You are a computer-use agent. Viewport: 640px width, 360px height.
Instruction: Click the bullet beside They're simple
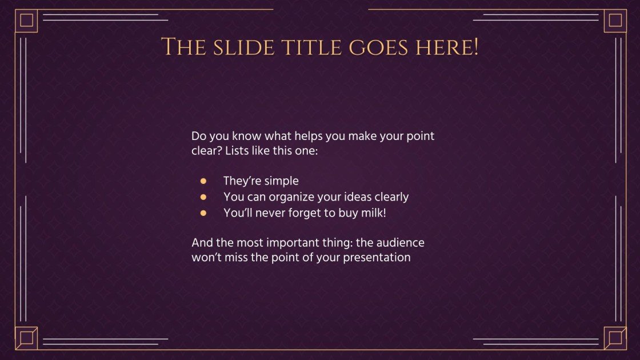[x=203, y=181]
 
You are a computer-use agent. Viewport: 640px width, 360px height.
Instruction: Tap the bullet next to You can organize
[x=203, y=197]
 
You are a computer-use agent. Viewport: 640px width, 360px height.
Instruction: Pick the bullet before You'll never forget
[x=203, y=213]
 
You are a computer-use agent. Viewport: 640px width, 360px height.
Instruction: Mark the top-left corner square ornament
[x=26, y=21]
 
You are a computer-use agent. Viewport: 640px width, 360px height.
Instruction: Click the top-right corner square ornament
[x=615, y=21]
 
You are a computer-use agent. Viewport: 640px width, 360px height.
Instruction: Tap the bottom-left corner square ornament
[x=26, y=338]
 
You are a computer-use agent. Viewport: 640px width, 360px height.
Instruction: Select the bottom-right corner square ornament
[x=615, y=338]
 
